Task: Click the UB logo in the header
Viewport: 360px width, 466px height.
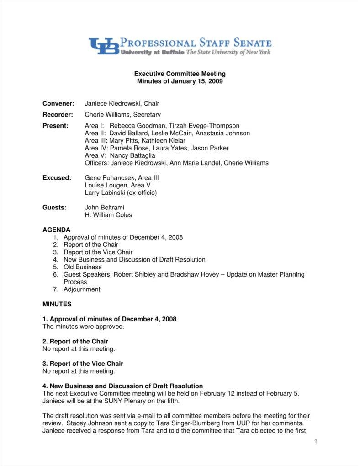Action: click(x=104, y=46)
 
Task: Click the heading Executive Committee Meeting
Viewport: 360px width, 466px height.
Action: click(x=180, y=74)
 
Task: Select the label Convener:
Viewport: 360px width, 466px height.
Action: click(x=58, y=104)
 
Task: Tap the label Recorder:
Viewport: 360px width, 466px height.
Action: click(x=58, y=115)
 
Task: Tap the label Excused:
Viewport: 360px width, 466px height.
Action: click(x=57, y=178)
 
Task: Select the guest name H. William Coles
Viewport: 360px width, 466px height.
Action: click(x=108, y=215)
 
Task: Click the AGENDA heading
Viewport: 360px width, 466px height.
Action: click(x=57, y=230)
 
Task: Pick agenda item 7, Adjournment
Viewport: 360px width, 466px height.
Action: click(x=82, y=289)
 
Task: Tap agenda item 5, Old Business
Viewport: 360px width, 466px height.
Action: click(x=82, y=267)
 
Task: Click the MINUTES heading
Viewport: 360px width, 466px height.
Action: click(x=57, y=304)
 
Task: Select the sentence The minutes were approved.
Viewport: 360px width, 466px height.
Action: click(x=83, y=327)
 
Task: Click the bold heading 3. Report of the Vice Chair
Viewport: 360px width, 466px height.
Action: click(x=83, y=364)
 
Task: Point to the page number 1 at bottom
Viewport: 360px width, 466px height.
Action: click(x=315, y=441)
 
